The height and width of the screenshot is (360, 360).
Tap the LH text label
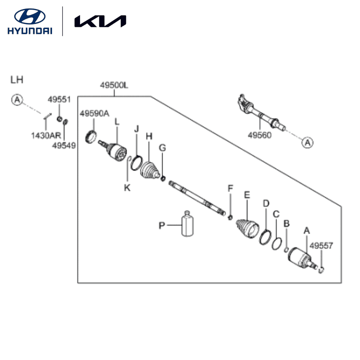point(17,80)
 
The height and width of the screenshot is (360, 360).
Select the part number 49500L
point(114,86)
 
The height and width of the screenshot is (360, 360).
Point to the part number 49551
point(59,99)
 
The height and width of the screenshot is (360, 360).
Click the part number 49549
point(64,145)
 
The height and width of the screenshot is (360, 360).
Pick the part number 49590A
point(94,114)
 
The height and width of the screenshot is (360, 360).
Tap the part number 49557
point(321,246)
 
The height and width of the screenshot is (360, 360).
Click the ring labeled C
point(276,244)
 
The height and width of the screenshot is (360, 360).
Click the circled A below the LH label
point(17,99)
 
